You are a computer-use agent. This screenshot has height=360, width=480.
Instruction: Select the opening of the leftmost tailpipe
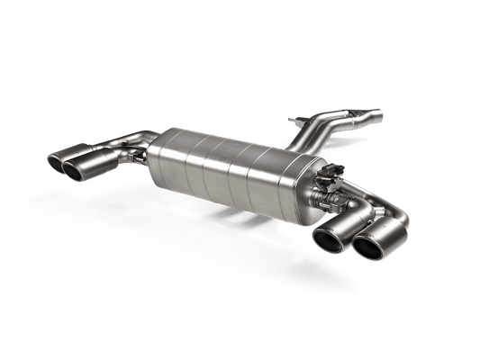click(x=56, y=162)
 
